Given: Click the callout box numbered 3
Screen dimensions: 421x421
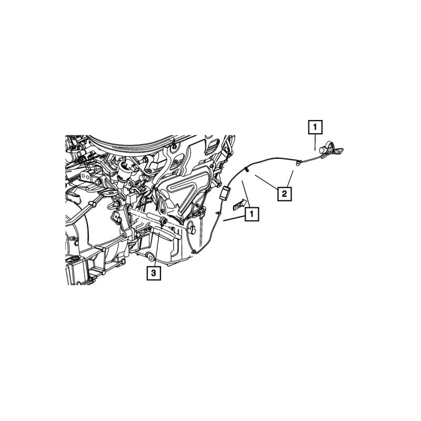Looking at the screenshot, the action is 154,273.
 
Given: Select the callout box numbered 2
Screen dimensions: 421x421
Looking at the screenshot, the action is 284,194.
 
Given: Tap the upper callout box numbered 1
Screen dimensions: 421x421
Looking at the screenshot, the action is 315,127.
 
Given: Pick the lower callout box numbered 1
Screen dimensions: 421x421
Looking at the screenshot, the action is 252,214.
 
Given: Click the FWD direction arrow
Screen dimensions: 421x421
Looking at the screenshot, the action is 240,204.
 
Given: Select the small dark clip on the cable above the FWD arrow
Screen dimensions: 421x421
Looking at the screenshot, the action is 246,170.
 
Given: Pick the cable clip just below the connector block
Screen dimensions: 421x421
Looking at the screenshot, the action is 217,212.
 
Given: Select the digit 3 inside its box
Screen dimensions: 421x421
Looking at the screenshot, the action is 154,273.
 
